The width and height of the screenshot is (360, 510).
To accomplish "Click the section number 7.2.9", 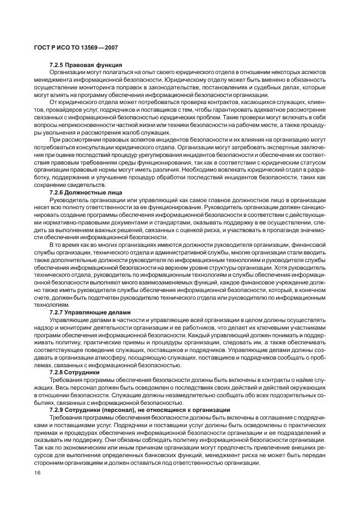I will pyautogui.click(x=59, y=410).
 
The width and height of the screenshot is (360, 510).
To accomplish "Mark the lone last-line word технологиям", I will pyautogui.click(x=51, y=306).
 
